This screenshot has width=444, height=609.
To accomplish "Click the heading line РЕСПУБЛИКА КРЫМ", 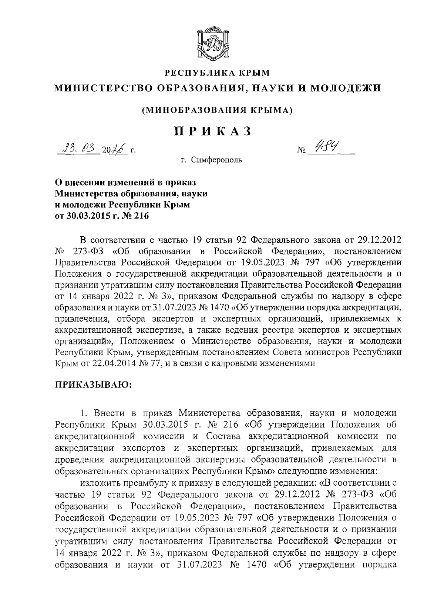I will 218,73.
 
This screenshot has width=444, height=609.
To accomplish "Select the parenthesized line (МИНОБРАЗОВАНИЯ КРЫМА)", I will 218,110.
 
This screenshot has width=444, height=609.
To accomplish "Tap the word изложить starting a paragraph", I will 97,483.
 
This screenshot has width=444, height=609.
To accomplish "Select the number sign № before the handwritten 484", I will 301,151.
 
